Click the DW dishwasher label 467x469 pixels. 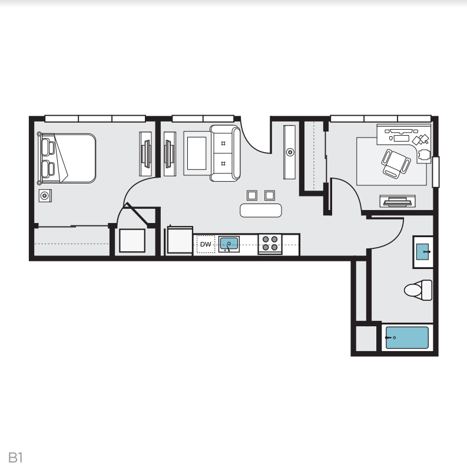click(205, 244)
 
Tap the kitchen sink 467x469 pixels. click(228, 243)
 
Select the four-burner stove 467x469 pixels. click(270, 244)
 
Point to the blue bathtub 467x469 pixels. click(406, 338)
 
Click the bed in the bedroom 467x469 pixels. click(67, 158)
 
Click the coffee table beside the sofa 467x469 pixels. click(196, 153)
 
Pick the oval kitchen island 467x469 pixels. click(261, 210)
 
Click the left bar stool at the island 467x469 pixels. click(252, 195)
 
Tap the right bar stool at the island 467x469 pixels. click(270, 195)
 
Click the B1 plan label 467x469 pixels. click(15, 457)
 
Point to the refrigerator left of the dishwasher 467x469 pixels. click(177, 241)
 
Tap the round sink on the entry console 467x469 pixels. click(290, 152)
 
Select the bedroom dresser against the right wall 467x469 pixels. click(145, 153)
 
